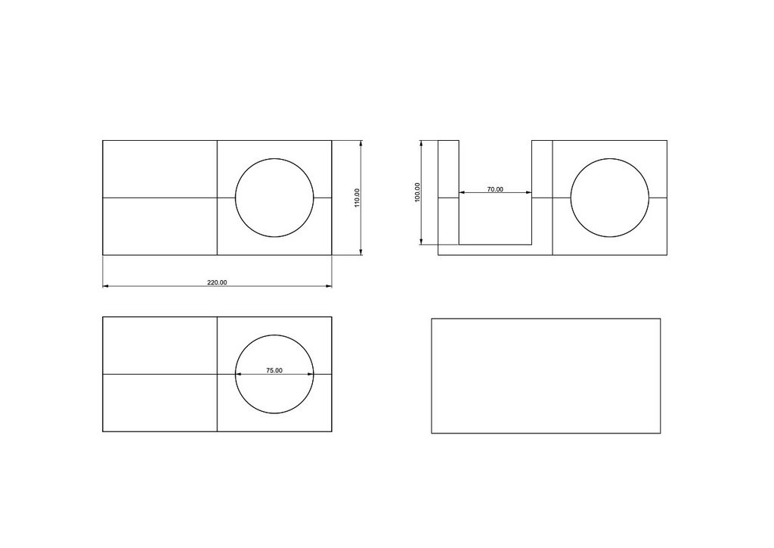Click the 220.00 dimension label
[x=217, y=282]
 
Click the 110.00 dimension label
[x=357, y=198]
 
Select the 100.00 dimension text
[x=417, y=192]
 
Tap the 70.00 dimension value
[x=495, y=189]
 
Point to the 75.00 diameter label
[x=274, y=371]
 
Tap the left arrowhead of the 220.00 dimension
[x=106, y=286]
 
